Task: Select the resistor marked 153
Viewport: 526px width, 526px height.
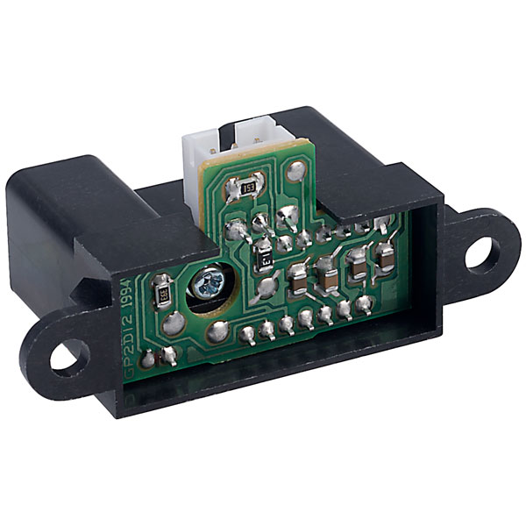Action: click(247, 186)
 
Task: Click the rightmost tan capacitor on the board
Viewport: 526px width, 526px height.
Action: click(384, 254)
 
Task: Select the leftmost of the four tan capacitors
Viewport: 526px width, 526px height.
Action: click(297, 279)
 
